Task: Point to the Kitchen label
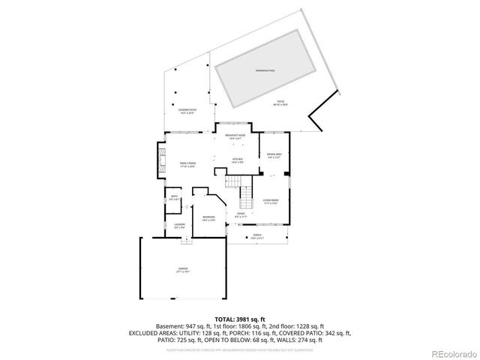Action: coord(237,158)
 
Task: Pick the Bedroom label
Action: coord(208,217)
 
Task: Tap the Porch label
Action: coord(257,235)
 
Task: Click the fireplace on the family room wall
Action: coord(160,157)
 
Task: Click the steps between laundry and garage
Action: coord(187,240)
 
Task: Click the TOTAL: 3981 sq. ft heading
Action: coord(239,318)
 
